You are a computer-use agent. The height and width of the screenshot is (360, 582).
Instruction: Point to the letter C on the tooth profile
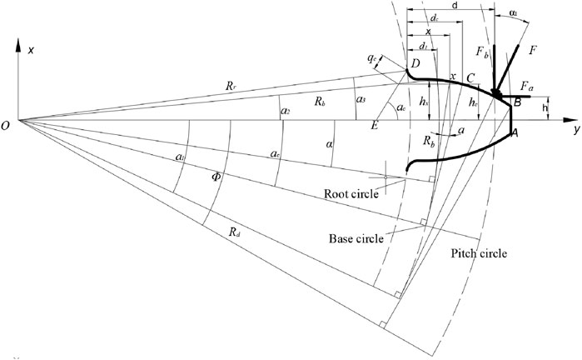click(x=470, y=77)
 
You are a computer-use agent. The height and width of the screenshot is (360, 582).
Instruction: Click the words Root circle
click(x=351, y=193)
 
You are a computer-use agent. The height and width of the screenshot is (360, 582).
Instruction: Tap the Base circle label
click(x=356, y=237)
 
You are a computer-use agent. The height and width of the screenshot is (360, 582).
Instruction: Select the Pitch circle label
click(x=477, y=253)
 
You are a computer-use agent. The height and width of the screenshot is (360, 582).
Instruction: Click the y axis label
click(x=575, y=131)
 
